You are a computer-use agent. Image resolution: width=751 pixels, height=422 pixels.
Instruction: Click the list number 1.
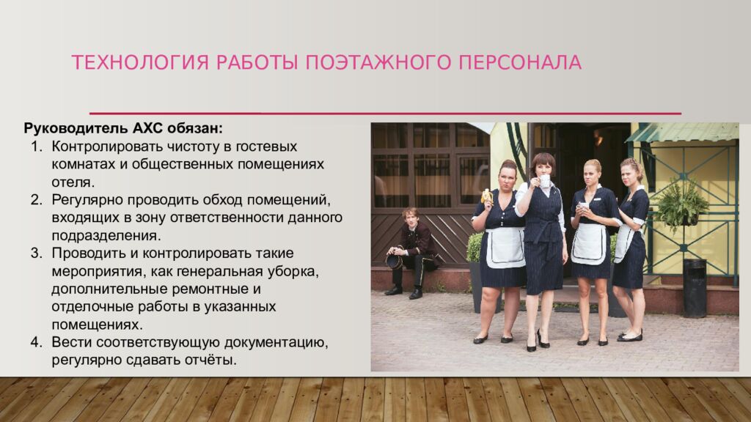click(37, 147)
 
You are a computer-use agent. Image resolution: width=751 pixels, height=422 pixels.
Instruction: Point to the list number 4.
click(37, 342)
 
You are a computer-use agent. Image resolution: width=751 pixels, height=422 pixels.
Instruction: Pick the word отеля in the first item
click(71, 181)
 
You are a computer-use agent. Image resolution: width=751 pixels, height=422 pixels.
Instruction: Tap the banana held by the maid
click(486, 195)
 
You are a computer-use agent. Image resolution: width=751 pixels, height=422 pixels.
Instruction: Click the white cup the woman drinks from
click(544, 180)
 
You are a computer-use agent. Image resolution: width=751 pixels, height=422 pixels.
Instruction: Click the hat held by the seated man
click(394, 261)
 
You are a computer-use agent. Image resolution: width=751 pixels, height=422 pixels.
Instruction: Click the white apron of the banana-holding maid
click(505, 247)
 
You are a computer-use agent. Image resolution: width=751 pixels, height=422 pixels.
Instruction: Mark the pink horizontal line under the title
click(385, 114)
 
